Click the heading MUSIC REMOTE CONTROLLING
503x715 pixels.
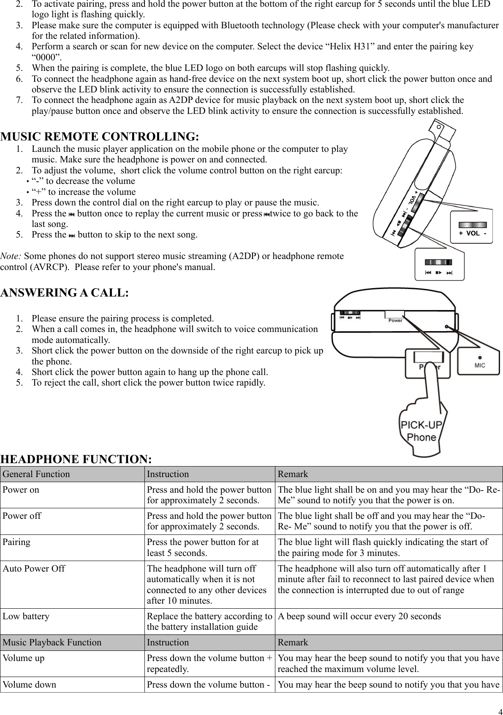[100, 137]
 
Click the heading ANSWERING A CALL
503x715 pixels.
[65, 293]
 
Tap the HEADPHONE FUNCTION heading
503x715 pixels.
[76, 459]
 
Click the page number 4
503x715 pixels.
[498, 709]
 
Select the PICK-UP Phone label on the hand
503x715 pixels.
[421, 431]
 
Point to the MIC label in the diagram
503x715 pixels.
[480, 365]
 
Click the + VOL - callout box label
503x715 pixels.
[473, 234]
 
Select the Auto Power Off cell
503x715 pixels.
[34, 569]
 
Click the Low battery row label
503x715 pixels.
[26, 616]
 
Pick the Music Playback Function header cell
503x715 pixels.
[52, 642]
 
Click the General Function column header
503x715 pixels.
[36, 474]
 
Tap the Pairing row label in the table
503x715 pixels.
[16, 542]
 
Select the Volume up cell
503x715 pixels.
[23, 658]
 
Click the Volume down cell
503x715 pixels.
[29, 684]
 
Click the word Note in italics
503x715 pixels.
[11, 256]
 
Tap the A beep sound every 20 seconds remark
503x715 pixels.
[359, 616]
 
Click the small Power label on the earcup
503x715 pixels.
[395, 321]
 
